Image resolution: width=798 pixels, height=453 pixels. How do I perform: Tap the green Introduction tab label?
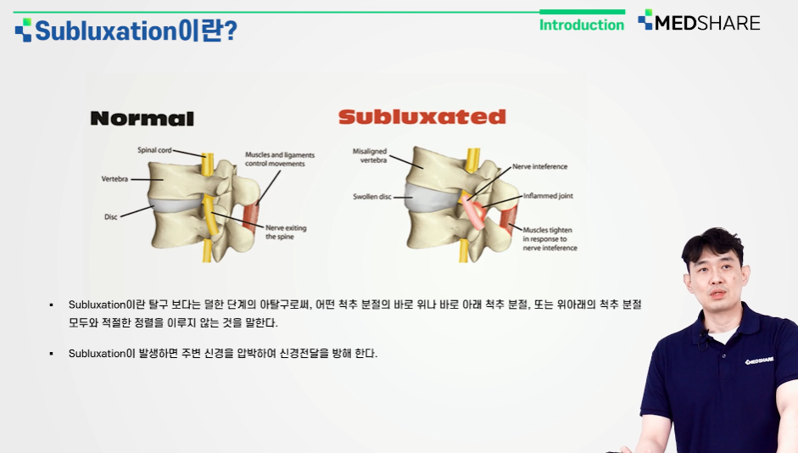pos(582,25)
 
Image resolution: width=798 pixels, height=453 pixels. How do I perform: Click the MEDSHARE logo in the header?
pos(700,21)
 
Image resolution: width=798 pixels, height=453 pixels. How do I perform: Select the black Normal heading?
pos(142,119)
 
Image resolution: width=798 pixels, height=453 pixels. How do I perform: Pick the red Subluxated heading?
pos(422,116)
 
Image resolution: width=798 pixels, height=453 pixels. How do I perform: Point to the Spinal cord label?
pos(154,150)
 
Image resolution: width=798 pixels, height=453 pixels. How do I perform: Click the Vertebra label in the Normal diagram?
pos(114,179)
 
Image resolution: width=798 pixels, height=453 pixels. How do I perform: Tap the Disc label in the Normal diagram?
pos(111,217)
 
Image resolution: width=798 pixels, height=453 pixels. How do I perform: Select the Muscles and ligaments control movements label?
pos(279,159)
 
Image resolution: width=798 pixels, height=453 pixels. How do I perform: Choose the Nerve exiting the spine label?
pos(286,232)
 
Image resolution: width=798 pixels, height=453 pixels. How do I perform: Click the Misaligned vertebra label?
pos(370,155)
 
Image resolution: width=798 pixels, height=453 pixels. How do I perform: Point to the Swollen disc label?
pos(372,197)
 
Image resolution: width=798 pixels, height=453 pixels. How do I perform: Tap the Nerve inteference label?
pos(539,166)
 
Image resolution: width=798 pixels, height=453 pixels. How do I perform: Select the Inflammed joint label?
pos(548,195)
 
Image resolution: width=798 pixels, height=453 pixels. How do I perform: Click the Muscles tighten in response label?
pos(550,238)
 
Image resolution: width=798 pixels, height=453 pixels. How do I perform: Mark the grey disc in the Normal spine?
pos(176,204)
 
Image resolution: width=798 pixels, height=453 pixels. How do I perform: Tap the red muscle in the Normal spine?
pos(250,217)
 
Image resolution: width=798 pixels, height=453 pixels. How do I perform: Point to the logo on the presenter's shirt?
pos(760,361)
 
